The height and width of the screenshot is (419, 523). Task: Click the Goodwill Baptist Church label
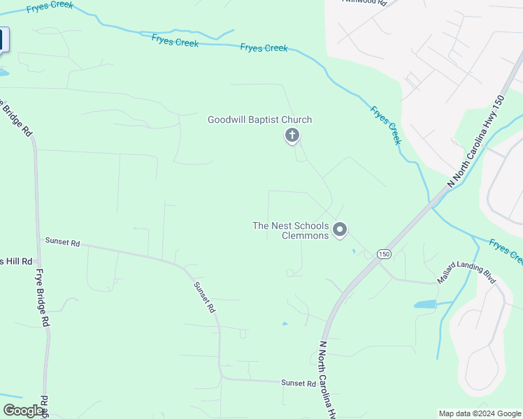259,120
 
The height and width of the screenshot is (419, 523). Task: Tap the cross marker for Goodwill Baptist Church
292,135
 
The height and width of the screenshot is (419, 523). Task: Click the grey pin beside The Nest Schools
340,229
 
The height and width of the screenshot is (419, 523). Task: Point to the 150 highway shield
384,254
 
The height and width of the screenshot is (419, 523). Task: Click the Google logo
23,411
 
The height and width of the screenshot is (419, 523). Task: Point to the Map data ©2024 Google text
480,413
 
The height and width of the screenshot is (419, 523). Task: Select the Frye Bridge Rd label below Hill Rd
43,298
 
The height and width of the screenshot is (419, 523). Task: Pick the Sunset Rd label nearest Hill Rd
63,242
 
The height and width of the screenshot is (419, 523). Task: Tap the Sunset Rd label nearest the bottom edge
299,383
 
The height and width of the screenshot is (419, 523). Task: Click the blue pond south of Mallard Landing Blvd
424,304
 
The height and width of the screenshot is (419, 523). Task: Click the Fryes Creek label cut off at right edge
506,252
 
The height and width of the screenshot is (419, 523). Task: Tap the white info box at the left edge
3,40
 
